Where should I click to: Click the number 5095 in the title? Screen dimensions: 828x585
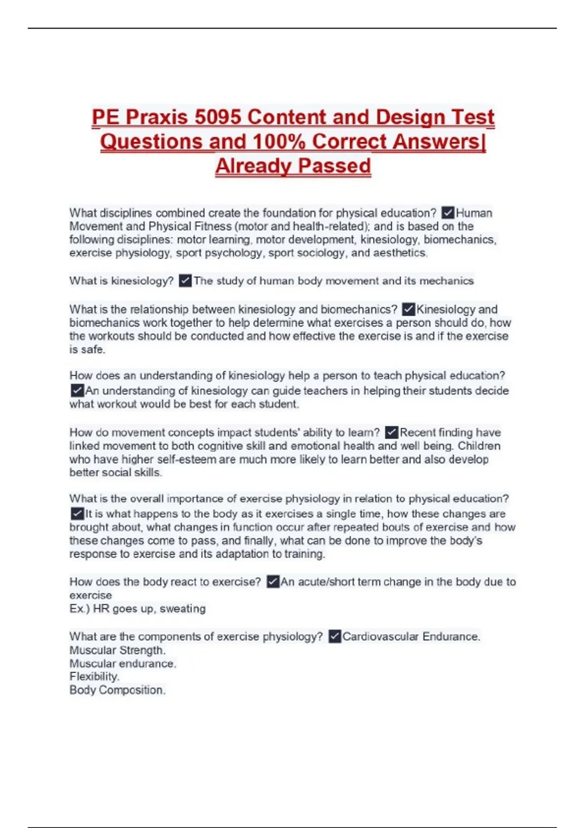217,117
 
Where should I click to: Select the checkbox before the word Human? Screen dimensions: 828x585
448,213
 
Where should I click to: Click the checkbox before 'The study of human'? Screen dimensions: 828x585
185,281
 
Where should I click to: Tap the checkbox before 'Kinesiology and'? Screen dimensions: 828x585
409,309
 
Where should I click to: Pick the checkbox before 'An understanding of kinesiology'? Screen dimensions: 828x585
77,391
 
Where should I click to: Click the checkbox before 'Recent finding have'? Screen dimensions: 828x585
391,433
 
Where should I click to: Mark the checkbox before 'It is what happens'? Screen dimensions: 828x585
77,514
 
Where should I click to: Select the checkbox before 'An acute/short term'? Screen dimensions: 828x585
273,582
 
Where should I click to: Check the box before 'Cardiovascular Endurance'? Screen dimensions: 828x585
334,637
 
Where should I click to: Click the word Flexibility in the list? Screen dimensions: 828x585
94,677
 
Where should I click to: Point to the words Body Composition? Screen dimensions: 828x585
117,690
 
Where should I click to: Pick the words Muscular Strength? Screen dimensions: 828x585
117,650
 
